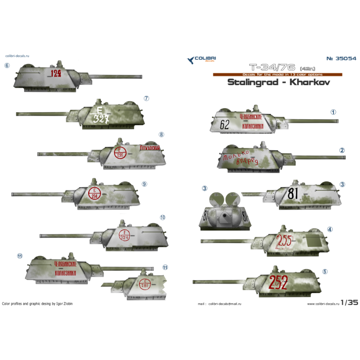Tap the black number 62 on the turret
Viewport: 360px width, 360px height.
click(225, 125)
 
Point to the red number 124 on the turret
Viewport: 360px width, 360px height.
click(57, 73)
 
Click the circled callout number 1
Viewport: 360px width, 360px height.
click(333, 112)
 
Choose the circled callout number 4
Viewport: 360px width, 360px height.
click(330, 229)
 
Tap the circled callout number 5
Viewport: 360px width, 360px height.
click(325, 272)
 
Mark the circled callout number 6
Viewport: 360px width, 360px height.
click(7, 65)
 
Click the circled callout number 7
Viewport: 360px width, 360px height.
click(146, 99)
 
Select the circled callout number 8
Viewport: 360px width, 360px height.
click(162, 135)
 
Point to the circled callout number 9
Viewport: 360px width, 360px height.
click(144, 184)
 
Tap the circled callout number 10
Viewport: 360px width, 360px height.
click(162, 217)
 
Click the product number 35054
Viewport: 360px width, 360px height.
click(341, 58)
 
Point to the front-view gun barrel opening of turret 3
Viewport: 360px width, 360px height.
click(224, 216)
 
